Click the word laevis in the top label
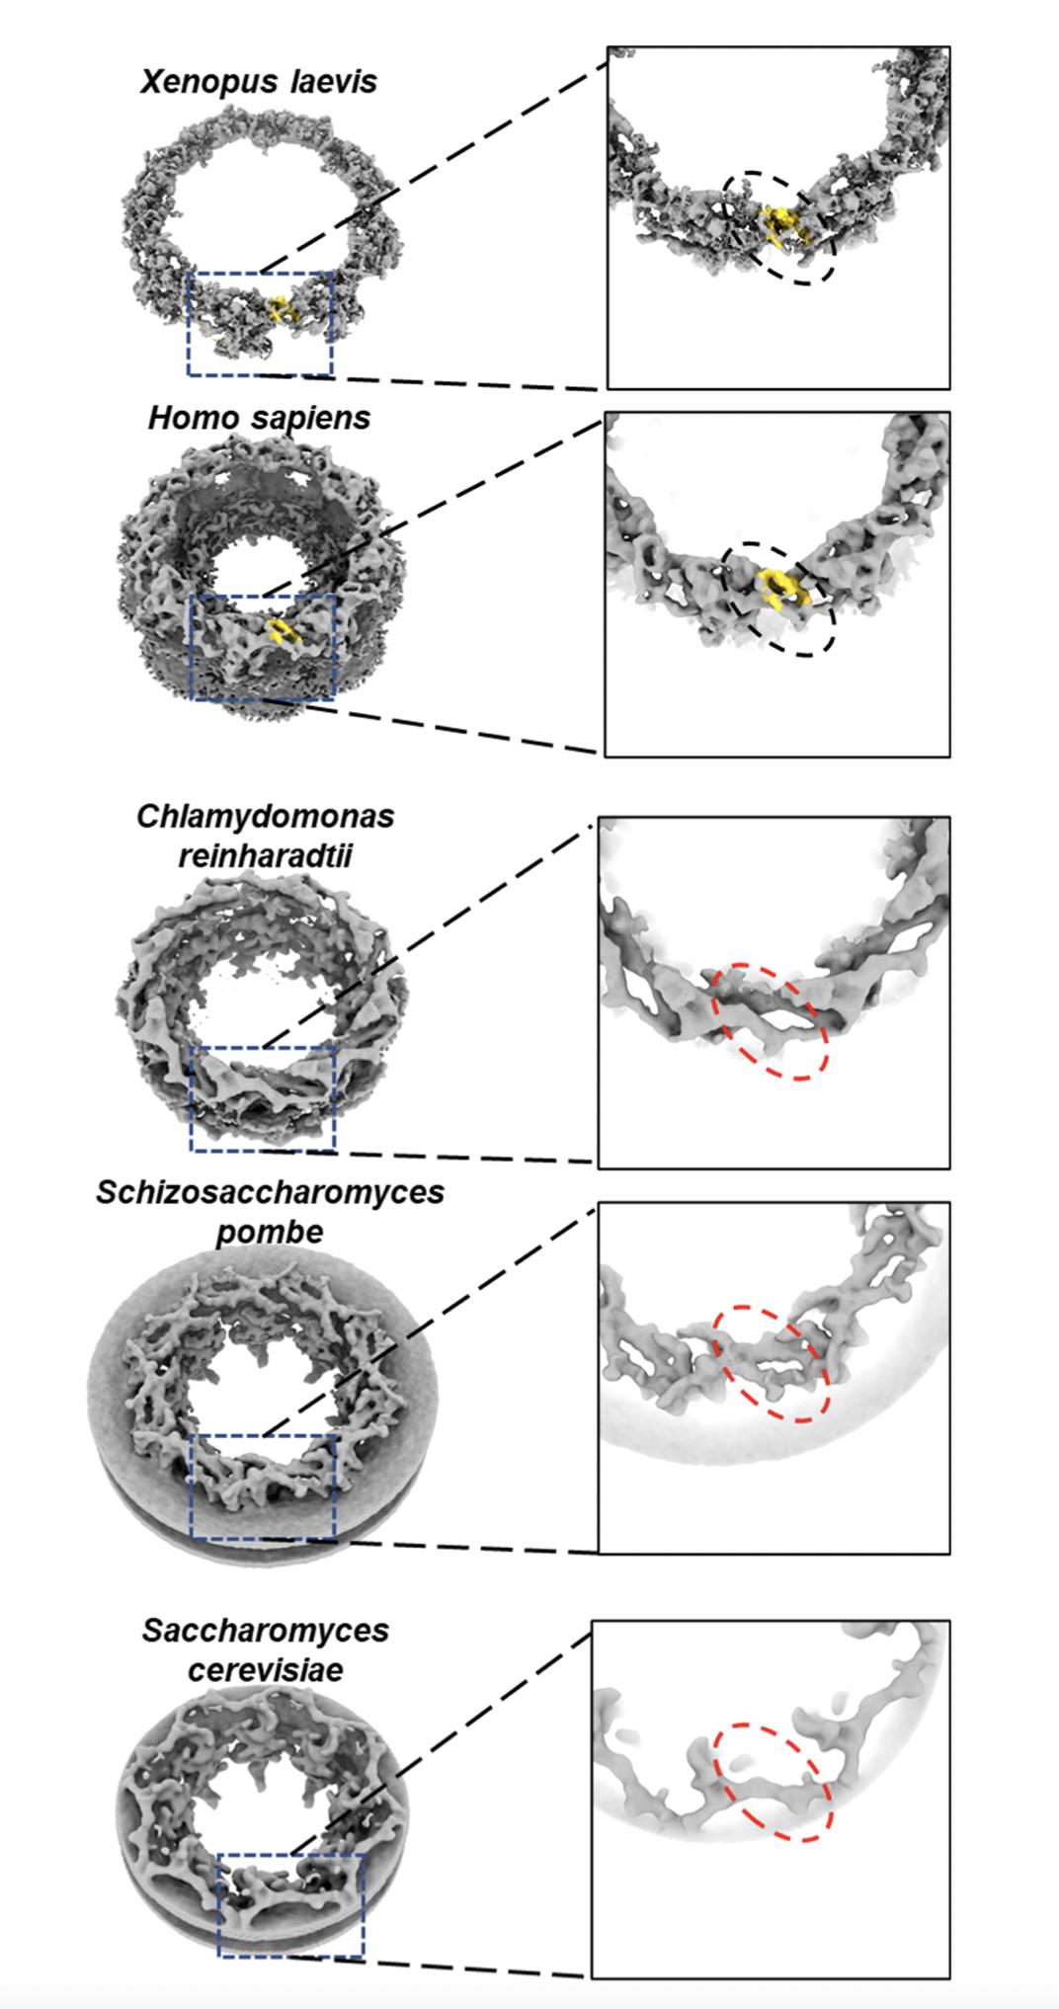(x=334, y=81)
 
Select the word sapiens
(x=311, y=420)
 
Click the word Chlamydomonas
(x=266, y=818)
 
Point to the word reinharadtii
(x=266, y=855)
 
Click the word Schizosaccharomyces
(x=270, y=1193)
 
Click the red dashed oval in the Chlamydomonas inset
(x=771, y=1020)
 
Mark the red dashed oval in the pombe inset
(x=772, y=1363)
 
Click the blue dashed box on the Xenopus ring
(x=260, y=324)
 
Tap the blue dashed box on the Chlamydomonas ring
(x=263, y=1097)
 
